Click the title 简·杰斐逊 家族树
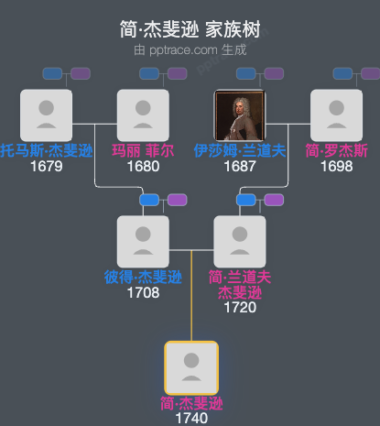click(x=190, y=29)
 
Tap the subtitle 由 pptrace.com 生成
click(x=190, y=49)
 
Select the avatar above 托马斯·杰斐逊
click(x=46, y=115)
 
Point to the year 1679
click(x=46, y=167)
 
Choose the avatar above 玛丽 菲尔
click(x=143, y=115)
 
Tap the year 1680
click(x=143, y=167)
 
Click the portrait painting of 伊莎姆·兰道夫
click(x=239, y=115)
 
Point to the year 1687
click(x=239, y=167)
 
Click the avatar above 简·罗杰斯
click(x=336, y=115)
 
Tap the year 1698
click(x=336, y=167)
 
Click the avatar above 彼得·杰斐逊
click(x=143, y=242)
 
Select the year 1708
click(x=143, y=293)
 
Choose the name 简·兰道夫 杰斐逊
click(x=239, y=285)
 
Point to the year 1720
click(x=239, y=309)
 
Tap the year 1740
click(x=190, y=419)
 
